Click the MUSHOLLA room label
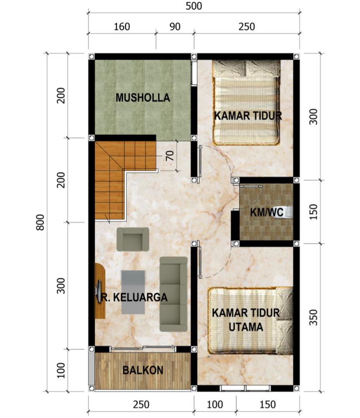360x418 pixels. coord(143,98)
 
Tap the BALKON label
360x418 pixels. coord(143,370)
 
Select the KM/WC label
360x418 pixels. coord(267,213)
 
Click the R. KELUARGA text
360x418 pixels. coord(133,297)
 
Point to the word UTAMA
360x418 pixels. coord(246,327)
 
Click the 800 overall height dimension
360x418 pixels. coord(40,222)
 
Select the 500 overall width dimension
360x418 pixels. coord(194,6)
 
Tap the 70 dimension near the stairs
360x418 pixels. coord(170,156)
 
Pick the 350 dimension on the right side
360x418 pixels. coord(314,317)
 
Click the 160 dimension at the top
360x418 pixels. coord(122,27)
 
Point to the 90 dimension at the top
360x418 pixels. coord(175,27)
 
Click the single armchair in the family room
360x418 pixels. coord(133,239)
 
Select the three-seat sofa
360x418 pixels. coord(174,294)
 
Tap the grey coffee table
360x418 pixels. coord(133,292)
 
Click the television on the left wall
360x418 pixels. coord(98,288)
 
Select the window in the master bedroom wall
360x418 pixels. coord(245,388)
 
